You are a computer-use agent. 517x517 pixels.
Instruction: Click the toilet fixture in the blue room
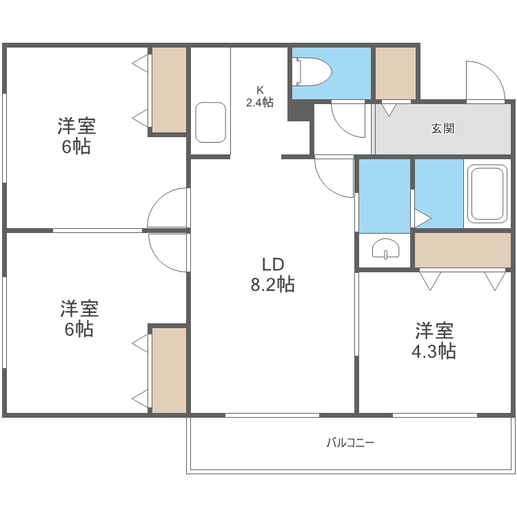[x=313, y=72]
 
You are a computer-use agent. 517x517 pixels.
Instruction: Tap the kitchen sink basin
[x=210, y=123]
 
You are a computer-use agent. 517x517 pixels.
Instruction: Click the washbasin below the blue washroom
[x=385, y=250]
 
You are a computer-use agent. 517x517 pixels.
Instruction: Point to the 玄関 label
[x=443, y=128]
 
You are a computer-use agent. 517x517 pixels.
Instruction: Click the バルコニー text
[x=350, y=443]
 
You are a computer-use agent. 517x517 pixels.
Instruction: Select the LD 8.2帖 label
[x=272, y=274]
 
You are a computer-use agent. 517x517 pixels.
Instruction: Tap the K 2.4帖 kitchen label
[x=260, y=97]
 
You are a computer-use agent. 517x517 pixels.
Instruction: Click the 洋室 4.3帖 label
[x=434, y=341]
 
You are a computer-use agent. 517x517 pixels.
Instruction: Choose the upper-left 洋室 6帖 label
[x=76, y=136]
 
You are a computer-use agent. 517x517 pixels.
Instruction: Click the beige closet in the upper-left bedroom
[x=169, y=90]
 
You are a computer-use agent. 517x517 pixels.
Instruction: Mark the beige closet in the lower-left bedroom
[x=169, y=370]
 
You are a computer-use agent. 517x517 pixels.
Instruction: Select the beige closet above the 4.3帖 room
[x=463, y=250]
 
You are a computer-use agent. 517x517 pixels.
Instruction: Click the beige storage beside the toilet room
[x=395, y=73]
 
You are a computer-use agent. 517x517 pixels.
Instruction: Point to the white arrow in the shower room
[x=421, y=219]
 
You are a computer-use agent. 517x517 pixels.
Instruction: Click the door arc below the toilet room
[x=349, y=119]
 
